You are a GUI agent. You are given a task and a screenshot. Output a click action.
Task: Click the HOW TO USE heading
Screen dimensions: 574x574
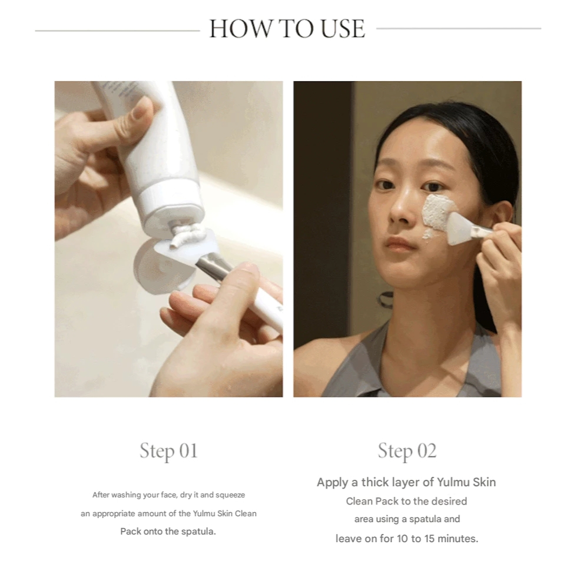pos(287,29)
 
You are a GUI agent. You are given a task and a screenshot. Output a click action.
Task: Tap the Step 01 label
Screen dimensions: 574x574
pos(168,450)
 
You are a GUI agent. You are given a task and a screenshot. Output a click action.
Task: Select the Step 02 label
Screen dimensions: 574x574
pos(407,450)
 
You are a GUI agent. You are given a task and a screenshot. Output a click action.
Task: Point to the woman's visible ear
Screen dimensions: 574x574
pos(502,216)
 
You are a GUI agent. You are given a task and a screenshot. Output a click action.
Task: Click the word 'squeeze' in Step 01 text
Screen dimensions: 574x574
pos(230,495)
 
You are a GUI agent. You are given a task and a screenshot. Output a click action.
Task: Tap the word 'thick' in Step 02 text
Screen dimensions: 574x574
pos(375,482)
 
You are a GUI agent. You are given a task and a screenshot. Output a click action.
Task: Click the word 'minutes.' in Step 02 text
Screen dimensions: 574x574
pos(458,539)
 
